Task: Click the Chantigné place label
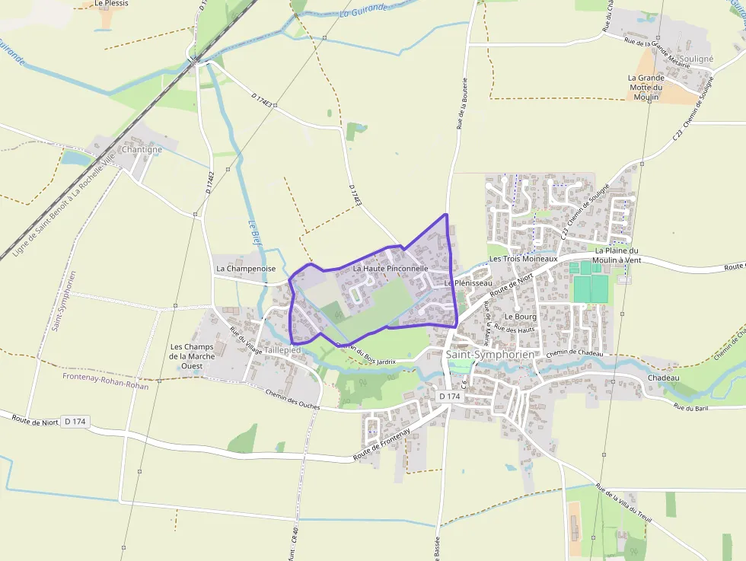click(x=142, y=150)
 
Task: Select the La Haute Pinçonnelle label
click(x=391, y=269)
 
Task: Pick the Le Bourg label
click(x=521, y=317)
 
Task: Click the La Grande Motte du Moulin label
click(x=646, y=88)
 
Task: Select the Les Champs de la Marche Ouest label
click(x=193, y=356)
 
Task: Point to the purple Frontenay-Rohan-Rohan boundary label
click(x=106, y=385)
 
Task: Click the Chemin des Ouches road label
click(x=293, y=400)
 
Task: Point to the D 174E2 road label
click(x=209, y=183)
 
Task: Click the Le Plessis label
click(x=112, y=4)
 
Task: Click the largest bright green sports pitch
click(x=591, y=289)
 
